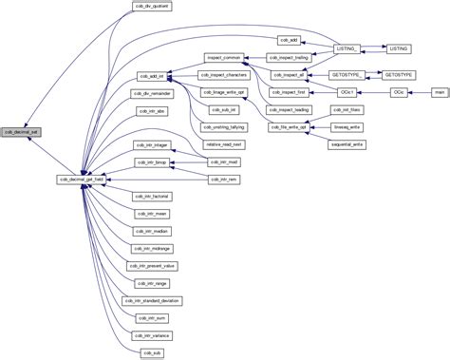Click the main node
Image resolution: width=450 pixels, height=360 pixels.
(x=438, y=91)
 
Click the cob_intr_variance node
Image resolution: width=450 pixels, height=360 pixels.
(x=153, y=334)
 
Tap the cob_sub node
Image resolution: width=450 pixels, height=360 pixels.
(x=153, y=351)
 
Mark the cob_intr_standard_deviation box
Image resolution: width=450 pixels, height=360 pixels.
(x=153, y=299)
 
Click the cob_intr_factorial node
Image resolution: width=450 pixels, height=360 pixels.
(x=153, y=196)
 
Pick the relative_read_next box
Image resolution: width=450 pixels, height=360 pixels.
(x=223, y=143)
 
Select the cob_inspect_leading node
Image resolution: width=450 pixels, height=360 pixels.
(x=289, y=108)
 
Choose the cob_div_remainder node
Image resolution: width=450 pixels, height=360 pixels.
(x=153, y=92)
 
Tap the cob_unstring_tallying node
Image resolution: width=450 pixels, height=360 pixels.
(x=223, y=126)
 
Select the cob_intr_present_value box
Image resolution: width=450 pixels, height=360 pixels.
(x=153, y=265)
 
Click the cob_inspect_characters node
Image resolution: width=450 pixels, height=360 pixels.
(x=223, y=75)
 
